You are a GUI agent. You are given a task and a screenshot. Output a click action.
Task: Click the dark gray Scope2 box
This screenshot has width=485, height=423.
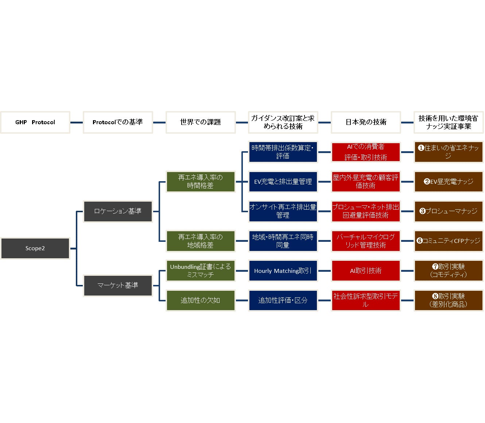pyautogui.click(x=35, y=248)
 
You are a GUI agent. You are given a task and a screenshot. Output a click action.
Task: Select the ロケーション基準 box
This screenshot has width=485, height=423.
pyautogui.click(x=117, y=211)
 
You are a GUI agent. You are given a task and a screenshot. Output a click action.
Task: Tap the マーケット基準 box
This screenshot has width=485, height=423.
pyautogui.click(x=117, y=285)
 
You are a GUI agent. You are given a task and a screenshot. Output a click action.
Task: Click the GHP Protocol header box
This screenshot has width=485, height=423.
pyautogui.click(x=35, y=122)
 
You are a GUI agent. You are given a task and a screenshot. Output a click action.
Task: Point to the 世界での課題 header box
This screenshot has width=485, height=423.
pyautogui.click(x=200, y=122)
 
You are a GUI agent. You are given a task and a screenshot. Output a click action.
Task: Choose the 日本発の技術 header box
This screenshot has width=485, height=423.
pyautogui.click(x=366, y=122)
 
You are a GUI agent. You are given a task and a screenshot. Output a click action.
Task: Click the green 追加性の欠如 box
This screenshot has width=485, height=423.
pyautogui.click(x=200, y=300)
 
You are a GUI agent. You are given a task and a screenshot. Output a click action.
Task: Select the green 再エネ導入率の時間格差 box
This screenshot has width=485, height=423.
pyautogui.click(x=200, y=182)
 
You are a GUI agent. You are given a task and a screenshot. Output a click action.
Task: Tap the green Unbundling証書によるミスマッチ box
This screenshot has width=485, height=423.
pyautogui.click(x=200, y=271)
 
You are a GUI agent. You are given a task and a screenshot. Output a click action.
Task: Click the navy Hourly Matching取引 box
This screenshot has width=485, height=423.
pyautogui.click(x=283, y=271)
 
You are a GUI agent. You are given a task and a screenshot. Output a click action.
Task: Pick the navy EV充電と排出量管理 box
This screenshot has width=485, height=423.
pyautogui.click(x=283, y=182)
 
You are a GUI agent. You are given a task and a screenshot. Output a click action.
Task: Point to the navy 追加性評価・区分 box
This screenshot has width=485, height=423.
pyautogui.click(x=283, y=300)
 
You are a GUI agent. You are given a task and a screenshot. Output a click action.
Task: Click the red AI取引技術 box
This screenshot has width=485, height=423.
pyautogui.click(x=366, y=271)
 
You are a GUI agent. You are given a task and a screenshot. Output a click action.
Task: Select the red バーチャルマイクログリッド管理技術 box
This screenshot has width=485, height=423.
pyautogui.click(x=366, y=241)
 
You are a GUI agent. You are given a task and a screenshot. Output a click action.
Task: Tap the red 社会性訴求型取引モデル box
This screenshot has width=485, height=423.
pyautogui.click(x=366, y=300)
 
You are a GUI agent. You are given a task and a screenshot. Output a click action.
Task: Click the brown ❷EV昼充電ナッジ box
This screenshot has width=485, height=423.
pyautogui.click(x=449, y=182)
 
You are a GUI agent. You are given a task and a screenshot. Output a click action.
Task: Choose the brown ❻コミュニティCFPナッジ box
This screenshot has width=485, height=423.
pyautogui.click(x=449, y=241)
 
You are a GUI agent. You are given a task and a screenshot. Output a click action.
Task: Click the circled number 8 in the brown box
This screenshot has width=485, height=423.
pyautogui.click(x=435, y=297)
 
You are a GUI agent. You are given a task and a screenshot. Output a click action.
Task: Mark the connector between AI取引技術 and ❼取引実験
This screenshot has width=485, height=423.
pyautogui.click(x=407, y=271)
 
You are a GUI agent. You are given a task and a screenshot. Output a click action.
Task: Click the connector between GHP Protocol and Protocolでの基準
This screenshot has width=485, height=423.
pyautogui.click(x=76, y=122)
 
